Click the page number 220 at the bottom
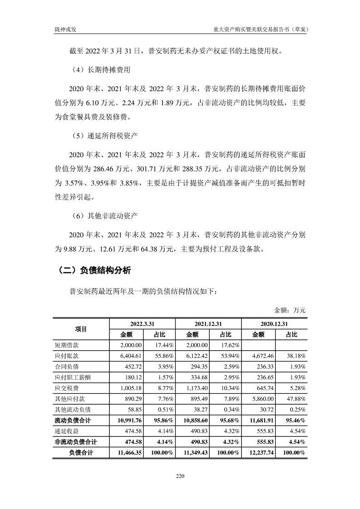click(180, 476)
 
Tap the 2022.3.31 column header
click(143, 323)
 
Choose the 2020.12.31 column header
click(274, 323)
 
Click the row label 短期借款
click(66, 345)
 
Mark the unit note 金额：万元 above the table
click(290, 311)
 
